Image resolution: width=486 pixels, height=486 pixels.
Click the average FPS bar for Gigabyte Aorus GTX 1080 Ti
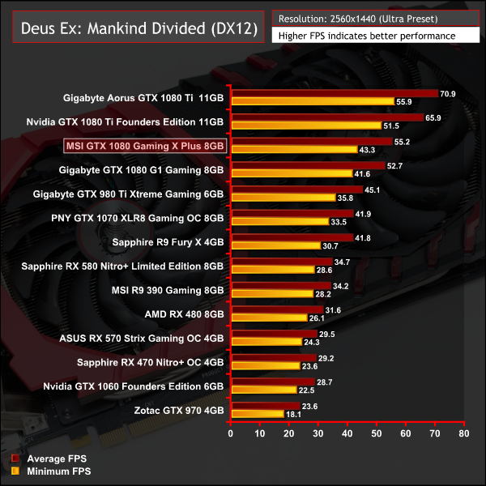(x=334, y=94)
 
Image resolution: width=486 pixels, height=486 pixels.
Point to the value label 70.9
(x=448, y=94)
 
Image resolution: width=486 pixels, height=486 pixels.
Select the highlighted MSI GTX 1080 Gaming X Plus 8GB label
(x=144, y=146)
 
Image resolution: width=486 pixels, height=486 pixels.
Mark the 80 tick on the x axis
(x=463, y=434)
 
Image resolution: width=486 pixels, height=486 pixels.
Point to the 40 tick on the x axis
(x=347, y=434)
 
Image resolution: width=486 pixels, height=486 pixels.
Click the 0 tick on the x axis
(x=231, y=434)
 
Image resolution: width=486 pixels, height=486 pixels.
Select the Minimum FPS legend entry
(x=50, y=471)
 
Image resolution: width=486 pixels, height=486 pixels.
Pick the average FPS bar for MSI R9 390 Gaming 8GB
(x=280, y=285)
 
